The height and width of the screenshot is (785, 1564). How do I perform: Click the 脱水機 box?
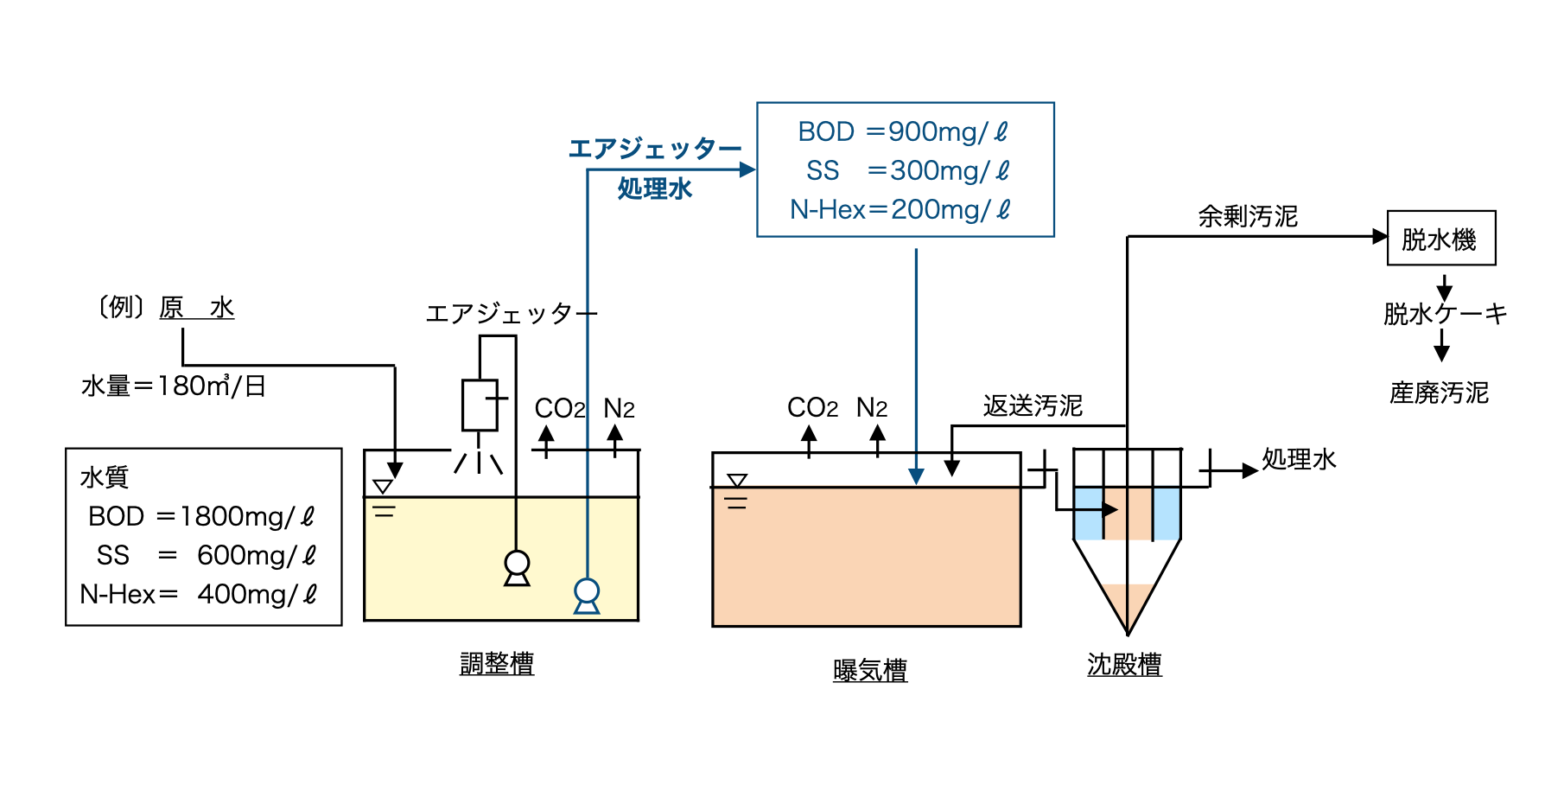click(1440, 239)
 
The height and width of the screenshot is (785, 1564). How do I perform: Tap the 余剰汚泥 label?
click(1248, 216)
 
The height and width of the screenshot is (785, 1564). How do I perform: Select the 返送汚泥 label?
click(1033, 405)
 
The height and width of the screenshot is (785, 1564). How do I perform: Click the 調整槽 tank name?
click(497, 663)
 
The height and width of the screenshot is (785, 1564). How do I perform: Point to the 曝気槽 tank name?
click(870, 670)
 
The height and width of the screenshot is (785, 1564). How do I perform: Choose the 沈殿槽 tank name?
click(1124, 664)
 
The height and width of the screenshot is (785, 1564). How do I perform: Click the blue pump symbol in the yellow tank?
click(587, 595)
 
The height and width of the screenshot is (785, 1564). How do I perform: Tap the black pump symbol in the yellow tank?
click(517, 567)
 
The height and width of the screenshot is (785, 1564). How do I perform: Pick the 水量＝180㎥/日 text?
click(174, 386)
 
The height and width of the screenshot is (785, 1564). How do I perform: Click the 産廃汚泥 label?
click(1439, 392)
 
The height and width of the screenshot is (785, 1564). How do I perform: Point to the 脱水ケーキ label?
click(1445, 313)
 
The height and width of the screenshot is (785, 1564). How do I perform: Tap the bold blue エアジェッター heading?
click(654, 149)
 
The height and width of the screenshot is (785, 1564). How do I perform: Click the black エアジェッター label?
click(511, 313)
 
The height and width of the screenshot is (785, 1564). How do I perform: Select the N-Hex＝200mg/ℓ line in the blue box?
click(900, 209)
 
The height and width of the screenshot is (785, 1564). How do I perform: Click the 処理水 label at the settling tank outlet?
click(1299, 459)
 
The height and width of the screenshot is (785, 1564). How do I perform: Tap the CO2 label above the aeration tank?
click(812, 407)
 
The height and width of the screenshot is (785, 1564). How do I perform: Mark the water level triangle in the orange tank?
click(737, 481)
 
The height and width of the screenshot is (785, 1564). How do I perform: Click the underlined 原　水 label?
click(196, 307)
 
